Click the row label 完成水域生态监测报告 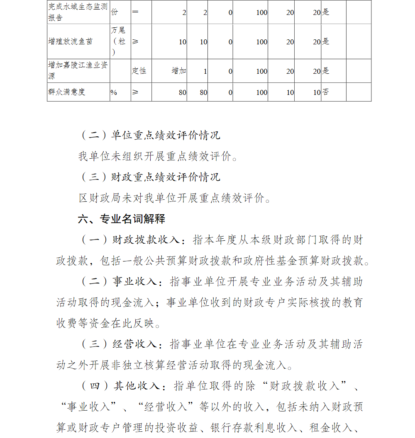click(78, 13)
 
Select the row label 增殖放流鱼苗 click(70, 41)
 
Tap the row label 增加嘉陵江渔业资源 click(78, 71)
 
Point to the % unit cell click(114, 92)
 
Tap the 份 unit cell click(114, 12)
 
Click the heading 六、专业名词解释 click(121, 219)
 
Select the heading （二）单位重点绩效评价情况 click(150, 136)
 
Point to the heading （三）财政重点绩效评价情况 click(150, 177)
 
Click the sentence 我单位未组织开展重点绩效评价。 click(159, 157)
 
